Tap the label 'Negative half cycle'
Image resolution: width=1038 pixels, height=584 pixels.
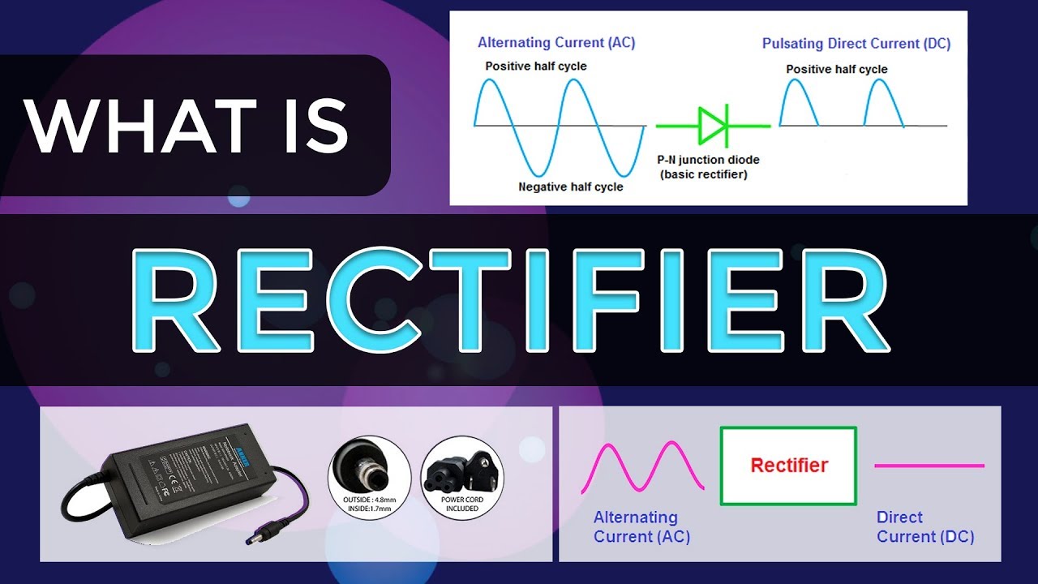tap(571, 187)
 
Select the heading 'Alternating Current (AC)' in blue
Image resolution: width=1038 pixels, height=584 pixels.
tap(556, 43)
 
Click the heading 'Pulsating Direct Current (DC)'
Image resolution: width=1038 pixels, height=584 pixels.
tap(856, 43)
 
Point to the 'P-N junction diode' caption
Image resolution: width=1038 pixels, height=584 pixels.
tap(709, 160)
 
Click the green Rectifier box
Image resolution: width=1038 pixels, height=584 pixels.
tap(788, 466)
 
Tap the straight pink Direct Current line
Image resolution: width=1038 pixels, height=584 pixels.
tap(929, 466)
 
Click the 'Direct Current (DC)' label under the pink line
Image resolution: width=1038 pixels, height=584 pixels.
tap(925, 527)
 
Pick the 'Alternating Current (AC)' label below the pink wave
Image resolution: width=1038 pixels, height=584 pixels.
tap(641, 527)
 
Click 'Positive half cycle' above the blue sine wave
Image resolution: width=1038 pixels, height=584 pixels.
tap(536, 66)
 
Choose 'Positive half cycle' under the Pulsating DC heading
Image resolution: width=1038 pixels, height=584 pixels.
tap(837, 69)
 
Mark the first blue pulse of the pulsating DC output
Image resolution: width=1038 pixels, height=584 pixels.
tap(799, 105)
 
